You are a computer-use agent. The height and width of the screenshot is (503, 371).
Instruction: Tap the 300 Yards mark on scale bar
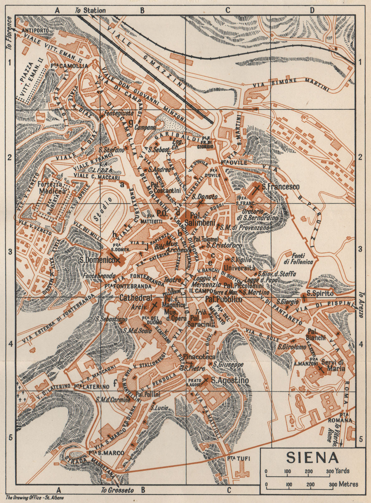330,471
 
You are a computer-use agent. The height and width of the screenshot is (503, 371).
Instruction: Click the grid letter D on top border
312,10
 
